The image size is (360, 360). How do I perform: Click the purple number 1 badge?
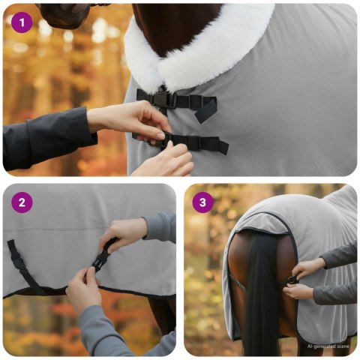[x=22, y=22]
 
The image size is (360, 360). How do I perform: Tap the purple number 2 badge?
[x=22, y=202]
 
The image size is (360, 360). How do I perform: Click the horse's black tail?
[x=262, y=300]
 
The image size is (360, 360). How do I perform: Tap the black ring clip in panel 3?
[x=291, y=280]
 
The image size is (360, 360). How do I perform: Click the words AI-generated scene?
[x=328, y=346]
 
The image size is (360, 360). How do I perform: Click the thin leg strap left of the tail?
[x=238, y=286]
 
